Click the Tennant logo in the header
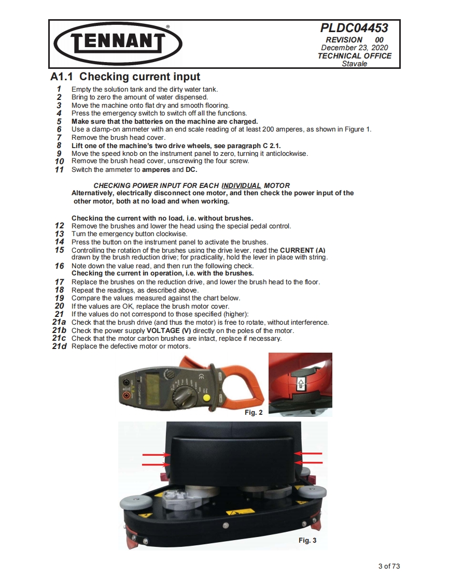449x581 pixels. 118,43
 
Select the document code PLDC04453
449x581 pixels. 354,28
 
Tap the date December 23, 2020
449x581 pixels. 354,48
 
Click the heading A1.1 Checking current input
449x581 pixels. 125,77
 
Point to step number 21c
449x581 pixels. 59,338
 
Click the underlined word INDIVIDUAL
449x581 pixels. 241,185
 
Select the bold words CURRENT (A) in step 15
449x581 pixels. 302,251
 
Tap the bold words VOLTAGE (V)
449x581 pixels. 169,330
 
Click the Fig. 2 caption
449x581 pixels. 254,412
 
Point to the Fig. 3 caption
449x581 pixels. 307,540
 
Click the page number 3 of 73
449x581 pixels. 389,566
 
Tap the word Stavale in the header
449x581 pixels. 354,64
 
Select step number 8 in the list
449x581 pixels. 59,146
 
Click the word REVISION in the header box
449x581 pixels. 344,40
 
